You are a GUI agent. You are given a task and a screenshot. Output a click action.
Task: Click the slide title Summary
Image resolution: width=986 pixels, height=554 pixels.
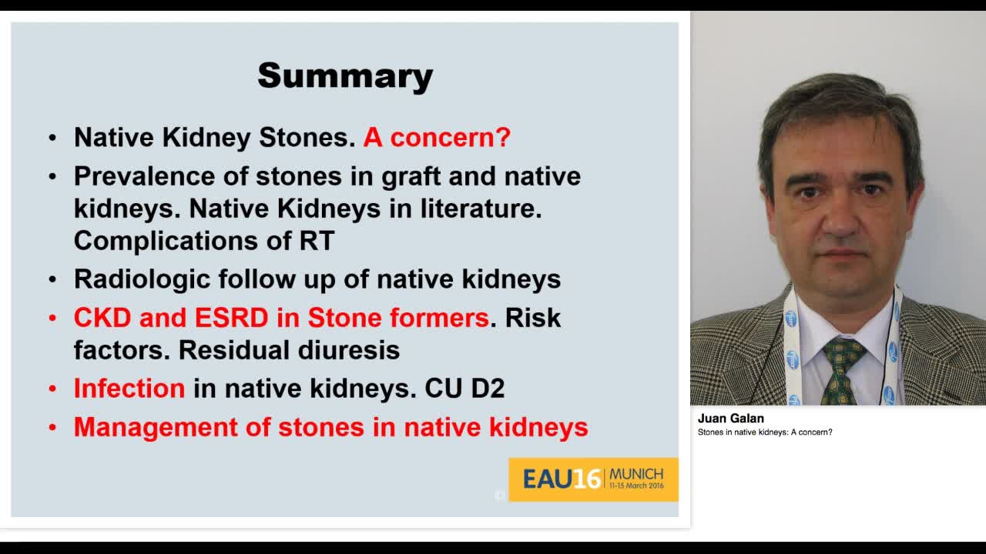pyautogui.click(x=345, y=75)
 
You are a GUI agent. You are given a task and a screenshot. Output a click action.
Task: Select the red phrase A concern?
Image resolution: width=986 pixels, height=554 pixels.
pyautogui.click(x=437, y=137)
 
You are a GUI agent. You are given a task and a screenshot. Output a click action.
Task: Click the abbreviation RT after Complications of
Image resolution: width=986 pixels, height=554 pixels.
pyautogui.click(x=317, y=241)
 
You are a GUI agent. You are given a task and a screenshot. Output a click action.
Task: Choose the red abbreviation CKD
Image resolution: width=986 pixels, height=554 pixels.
pyautogui.click(x=102, y=318)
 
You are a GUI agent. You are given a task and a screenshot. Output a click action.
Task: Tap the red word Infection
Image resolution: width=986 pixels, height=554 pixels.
pyautogui.click(x=129, y=389)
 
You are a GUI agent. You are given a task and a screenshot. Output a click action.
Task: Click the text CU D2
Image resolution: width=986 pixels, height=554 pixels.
pyautogui.click(x=464, y=389)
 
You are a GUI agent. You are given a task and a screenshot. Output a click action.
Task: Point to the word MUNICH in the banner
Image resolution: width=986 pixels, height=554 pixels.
pyautogui.click(x=636, y=474)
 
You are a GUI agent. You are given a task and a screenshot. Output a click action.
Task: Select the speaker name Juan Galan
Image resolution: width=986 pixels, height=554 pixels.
pyautogui.click(x=730, y=419)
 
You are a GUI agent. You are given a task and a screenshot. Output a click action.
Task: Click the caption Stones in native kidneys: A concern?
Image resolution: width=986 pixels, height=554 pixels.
pyautogui.click(x=765, y=432)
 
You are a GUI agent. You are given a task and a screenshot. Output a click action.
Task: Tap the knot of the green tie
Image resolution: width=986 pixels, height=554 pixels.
pyautogui.click(x=843, y=351)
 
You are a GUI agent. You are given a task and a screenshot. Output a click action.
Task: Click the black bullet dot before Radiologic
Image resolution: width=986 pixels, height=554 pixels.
pyautogui.click(x=52, y=279)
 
